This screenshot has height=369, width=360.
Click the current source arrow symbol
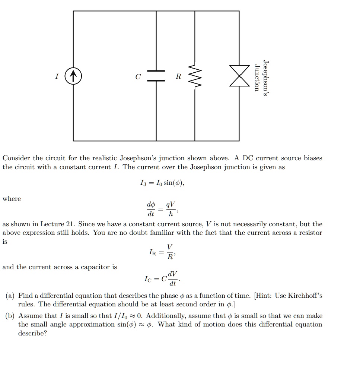click(x=73, y=77)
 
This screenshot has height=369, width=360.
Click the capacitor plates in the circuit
click(x=156, y=76)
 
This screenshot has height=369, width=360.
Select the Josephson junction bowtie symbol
click(x=239, y=76)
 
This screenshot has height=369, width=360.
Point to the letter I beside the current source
click(x=57, y=77)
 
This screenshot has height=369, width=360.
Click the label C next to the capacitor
click(x=138, y=77)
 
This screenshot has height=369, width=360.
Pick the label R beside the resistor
click(x=178, y=77)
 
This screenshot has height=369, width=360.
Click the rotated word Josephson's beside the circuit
click(x=265, y=79)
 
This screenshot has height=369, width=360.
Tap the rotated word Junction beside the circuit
click(x=257, y=78)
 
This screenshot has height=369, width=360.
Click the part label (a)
click(x=10, y=296)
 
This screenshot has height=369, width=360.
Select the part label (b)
click(x=10, y=316)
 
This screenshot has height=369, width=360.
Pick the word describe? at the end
click(x=33, y=333)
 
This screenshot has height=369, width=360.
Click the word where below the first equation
click(x=12, y=199)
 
